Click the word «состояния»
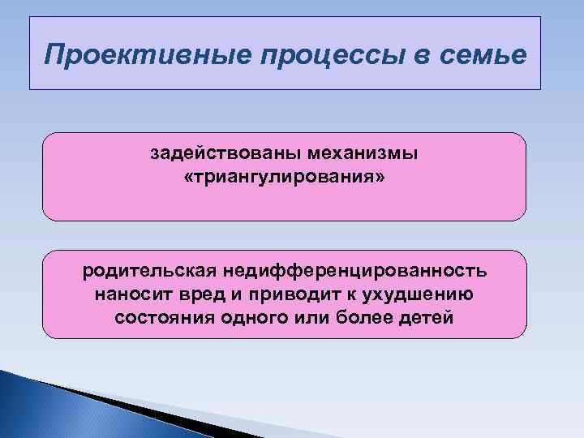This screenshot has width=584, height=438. [x=161, y=316]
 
